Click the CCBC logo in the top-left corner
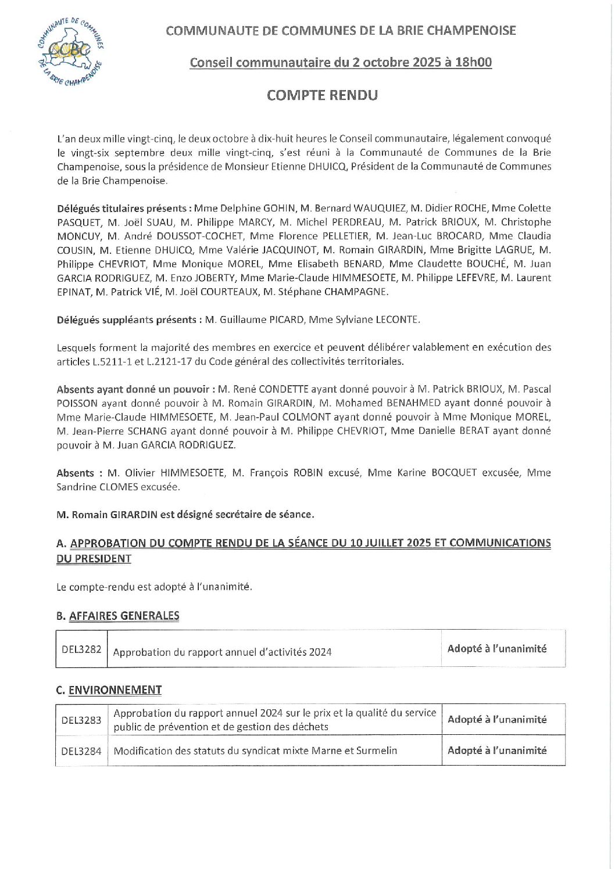tap(69, 51)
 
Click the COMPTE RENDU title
tap(322, 95)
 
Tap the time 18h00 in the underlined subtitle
tap(473, 63)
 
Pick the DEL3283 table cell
tap(81, 720)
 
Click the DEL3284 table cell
tap(81, 751)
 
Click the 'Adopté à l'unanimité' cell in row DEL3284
tap(497, 751)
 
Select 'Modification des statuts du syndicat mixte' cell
tap(255, 751)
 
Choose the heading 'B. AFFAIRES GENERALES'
tap(118, 616)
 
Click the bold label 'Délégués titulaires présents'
tap(122, 209)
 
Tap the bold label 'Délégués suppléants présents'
tap(127, 319)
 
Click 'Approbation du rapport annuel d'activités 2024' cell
tap(222, 652)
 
